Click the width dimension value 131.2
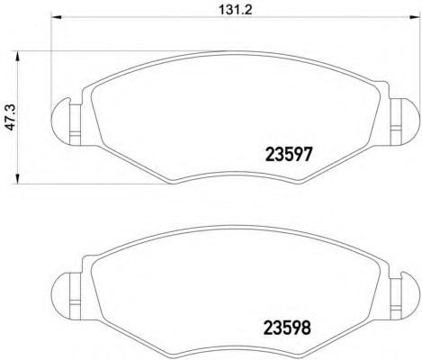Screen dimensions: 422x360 [x=236, y=10]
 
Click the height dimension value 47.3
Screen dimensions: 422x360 [x=11, y=117]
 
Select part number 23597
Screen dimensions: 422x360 [x=289, y=155]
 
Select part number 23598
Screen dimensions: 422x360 [x=287, y=328]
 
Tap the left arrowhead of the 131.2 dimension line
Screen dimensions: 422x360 [x=57, y=16]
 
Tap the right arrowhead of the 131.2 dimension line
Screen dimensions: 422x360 [x=415, y=16]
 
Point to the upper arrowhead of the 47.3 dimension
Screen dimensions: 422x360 [x=18, y=56]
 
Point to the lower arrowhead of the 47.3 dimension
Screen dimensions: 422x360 [x=18, y=178]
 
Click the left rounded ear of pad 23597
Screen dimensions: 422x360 [x=60, y=121]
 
